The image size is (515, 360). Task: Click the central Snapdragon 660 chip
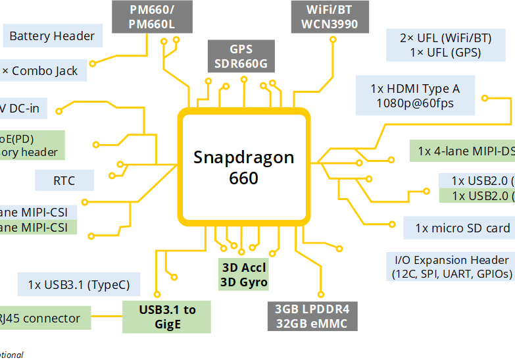pos(243,167)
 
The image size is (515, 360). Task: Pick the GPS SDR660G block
pos(241,56)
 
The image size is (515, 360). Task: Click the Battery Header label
pos(53,36)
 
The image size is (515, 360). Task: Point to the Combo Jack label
pos(43,70)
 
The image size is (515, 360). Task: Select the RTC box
pos(64,180)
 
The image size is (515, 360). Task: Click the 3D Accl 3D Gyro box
pos(243,275)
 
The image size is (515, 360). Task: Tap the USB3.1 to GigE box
pos(167,317)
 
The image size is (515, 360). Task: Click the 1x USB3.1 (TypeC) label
pos(79,285)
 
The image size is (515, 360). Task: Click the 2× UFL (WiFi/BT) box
pos(445,45)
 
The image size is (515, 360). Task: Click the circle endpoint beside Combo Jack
pos(92,64)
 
